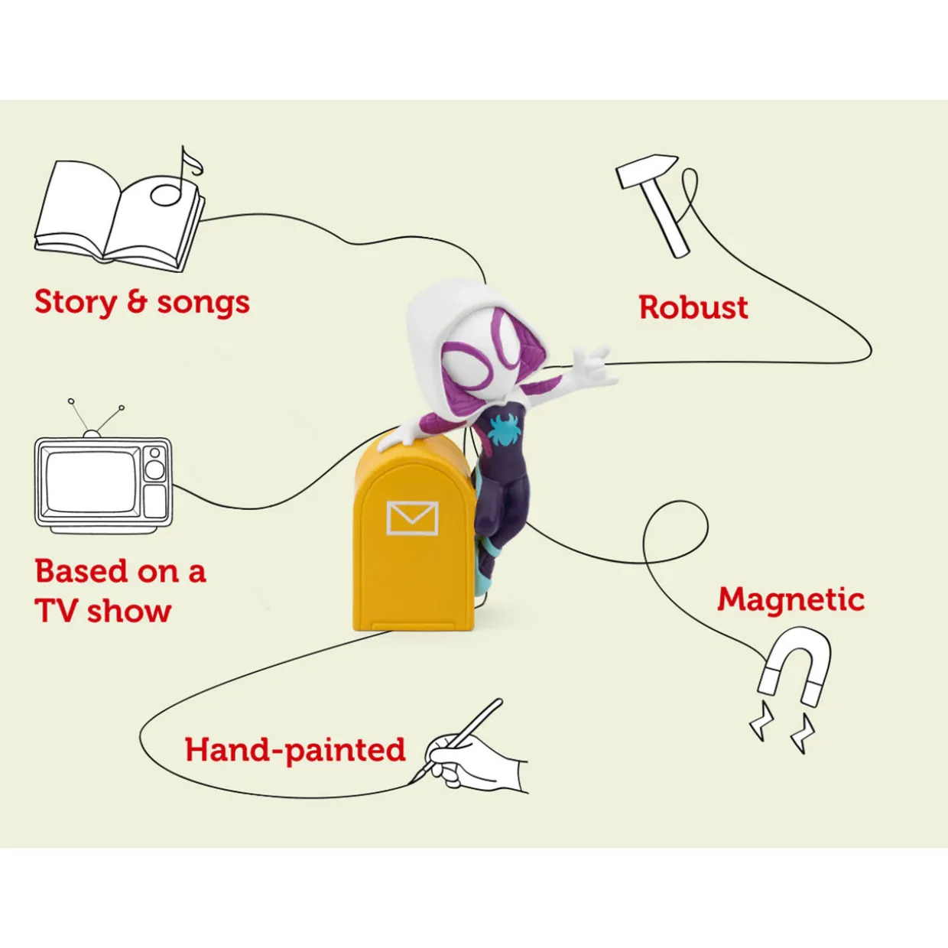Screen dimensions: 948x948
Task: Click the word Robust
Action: point(693,307)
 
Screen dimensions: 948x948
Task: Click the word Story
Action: point(75,303)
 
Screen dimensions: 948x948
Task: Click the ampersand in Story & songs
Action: point(136,301)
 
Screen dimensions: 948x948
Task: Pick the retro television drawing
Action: point(102,467)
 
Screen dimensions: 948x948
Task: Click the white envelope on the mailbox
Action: point(412,518)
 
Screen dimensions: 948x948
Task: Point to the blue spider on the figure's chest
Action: point(504,429)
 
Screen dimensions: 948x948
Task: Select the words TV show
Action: point(102,611)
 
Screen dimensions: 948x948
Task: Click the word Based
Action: point(81,571)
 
